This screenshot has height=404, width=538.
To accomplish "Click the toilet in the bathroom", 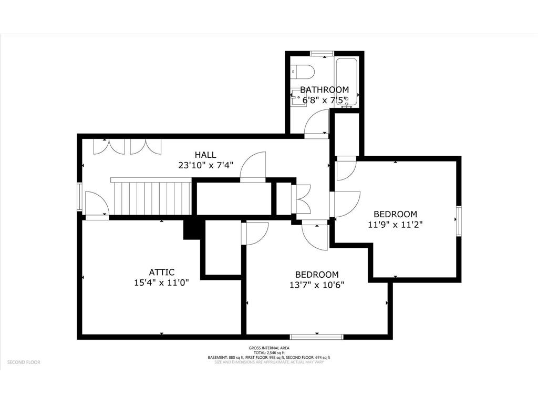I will pos(302,70).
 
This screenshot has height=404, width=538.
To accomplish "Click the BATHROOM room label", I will pos(324,90).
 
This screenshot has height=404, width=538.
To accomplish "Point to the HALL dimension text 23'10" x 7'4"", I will pos(205,165).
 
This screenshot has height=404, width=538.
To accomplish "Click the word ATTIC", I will pos(161,272).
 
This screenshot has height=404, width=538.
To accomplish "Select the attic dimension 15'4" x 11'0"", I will pos(161,282).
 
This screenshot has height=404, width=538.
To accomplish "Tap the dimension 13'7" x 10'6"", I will pos(316,285).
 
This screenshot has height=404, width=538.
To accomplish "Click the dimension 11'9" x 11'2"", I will pos(395,224).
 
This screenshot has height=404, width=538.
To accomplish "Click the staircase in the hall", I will pos(151,198).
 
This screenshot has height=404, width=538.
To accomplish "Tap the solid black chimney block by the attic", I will pos(192,229).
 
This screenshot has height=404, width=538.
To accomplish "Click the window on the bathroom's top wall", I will pos(322,53).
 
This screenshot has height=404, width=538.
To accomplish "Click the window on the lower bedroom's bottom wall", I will pos(316,336).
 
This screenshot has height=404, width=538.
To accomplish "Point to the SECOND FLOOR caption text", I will pos(24,362).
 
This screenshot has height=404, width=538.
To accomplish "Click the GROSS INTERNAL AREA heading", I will pos(268,348).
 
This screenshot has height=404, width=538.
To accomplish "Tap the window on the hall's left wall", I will pos(79,196).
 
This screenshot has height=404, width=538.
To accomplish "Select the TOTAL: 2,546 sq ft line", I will pos(268,353).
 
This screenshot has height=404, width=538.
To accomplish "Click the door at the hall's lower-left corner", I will pos(96,205).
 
